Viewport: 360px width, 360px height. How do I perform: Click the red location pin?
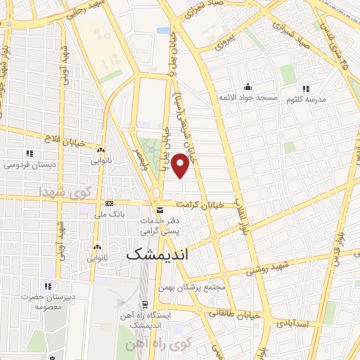coord(181,165)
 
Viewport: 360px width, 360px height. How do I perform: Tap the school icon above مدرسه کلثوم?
coord(305,89)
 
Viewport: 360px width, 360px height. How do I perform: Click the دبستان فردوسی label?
coord(29,165)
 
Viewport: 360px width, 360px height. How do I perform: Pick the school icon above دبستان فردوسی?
coord(29,153)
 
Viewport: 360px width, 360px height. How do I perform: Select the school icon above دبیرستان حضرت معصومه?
coord(48,286)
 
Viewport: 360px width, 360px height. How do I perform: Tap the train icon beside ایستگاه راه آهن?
coord(145,304)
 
